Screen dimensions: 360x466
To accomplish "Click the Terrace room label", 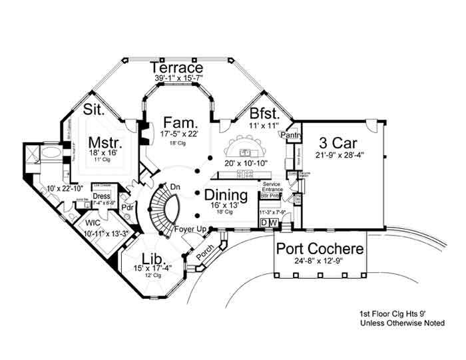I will click(176, 68).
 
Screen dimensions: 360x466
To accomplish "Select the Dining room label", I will click(226, 196).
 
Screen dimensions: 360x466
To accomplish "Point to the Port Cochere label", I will click(320, 250).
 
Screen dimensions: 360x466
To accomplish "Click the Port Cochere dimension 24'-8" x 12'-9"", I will click(320, 262).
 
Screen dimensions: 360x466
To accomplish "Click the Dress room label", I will click(101, 196).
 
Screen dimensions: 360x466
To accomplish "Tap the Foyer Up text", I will click(189, 230).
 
